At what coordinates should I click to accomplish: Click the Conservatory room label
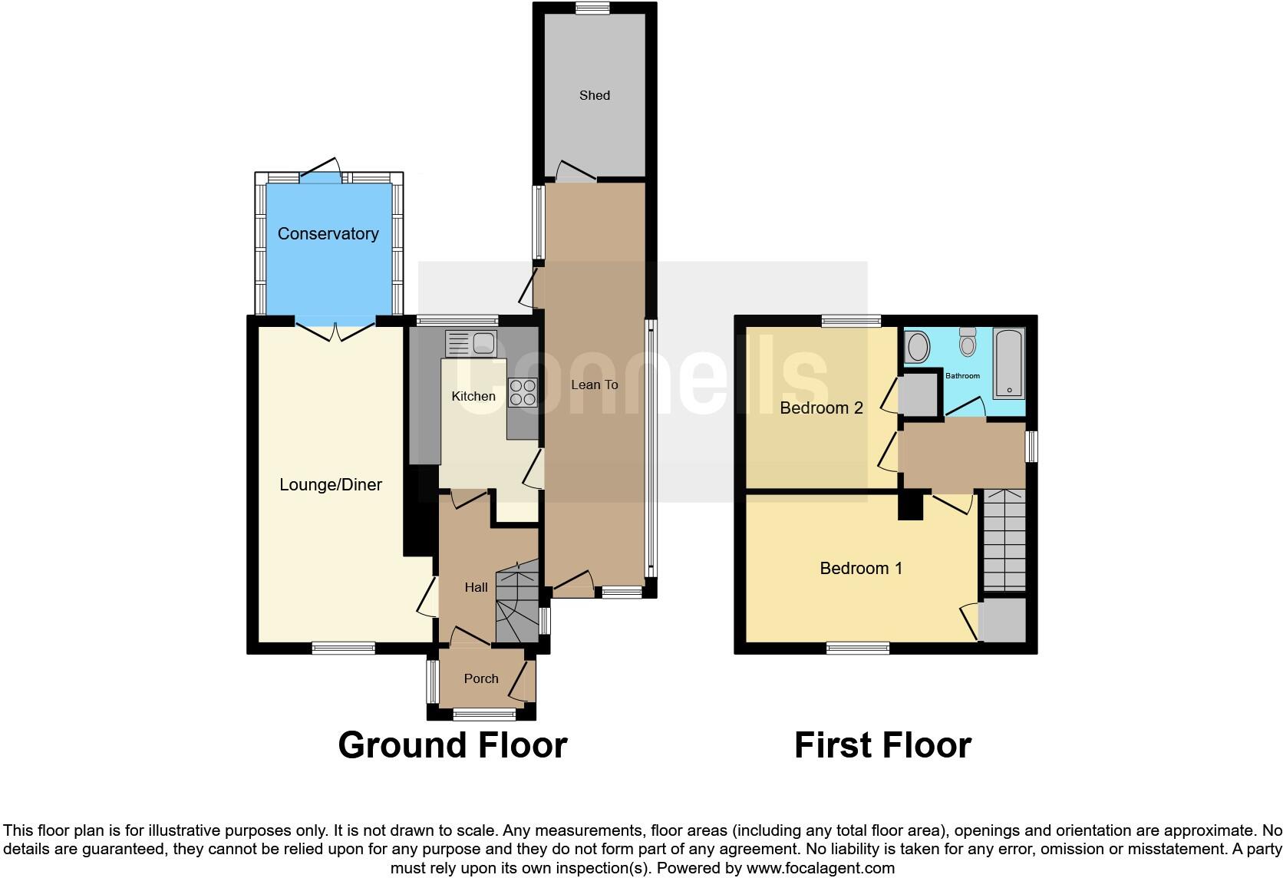(328, 233)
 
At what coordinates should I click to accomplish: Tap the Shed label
(595, 95)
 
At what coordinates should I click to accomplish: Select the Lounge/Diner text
(331, 484)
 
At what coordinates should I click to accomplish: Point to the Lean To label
(595, 385)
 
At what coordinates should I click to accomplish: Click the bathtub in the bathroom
(1008, 363)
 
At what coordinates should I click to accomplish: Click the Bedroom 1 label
(861, 568)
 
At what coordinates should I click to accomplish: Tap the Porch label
(481, 678)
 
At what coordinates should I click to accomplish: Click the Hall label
(476, 587)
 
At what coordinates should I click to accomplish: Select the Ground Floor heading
(452, 745)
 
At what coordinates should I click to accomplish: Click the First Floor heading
(882, 745)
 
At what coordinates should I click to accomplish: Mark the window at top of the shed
(594, 8)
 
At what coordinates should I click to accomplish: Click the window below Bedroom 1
(858, 649)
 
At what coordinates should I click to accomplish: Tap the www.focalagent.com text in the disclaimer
(820, 869)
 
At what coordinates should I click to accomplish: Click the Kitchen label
(473, 396)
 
